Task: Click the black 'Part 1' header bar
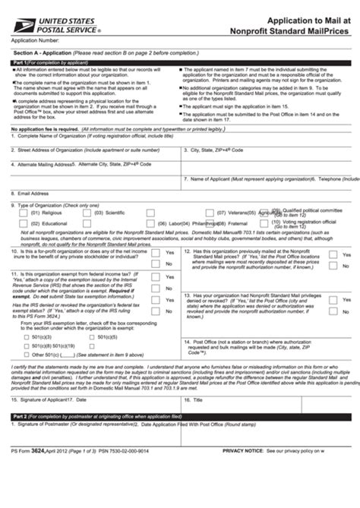180,62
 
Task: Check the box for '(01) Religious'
23,214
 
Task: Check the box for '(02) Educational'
23,225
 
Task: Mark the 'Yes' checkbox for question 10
155,253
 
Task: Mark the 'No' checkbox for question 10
155,263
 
